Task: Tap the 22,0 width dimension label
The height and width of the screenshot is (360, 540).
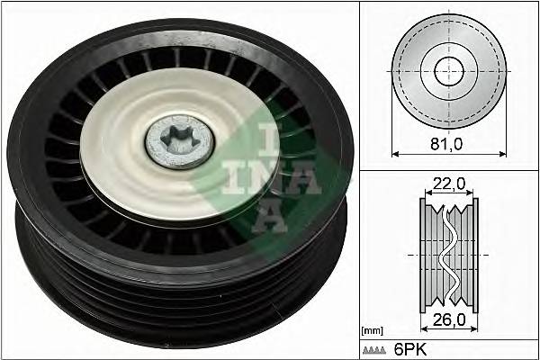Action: coord(448,184)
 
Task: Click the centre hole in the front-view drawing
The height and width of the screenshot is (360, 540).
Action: coord(447,71)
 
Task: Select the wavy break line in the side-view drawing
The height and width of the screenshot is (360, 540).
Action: coord(447,253)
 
